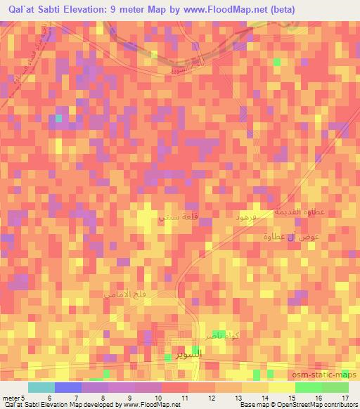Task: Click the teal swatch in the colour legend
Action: click(x=41, y=387)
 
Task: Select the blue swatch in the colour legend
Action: click(x=68, y=387)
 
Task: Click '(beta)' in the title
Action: click(x=281, y=9)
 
